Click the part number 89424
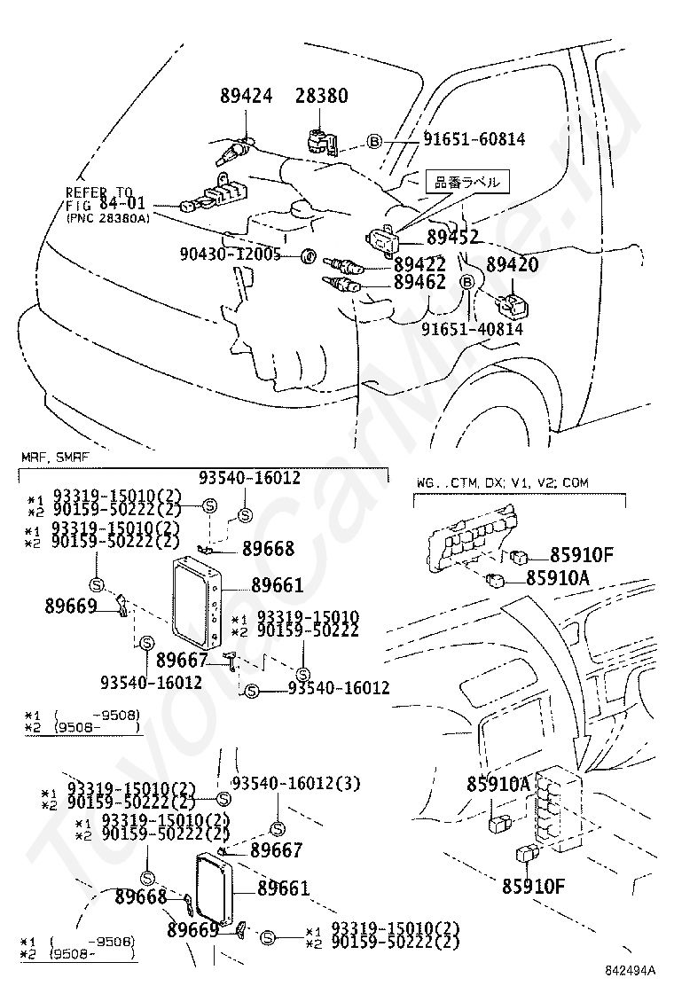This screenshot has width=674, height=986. pyautogui.click(x=247, y=96)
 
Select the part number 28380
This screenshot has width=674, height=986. pyautogui.click(x=321, y=96)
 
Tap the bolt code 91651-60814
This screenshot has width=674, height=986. pyautogui.click(x=474, y=139)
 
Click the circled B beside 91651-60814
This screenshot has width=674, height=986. pyautogui.click(x=374, y=141)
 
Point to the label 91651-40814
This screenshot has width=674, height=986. pyautogui.click(x=472, y=329)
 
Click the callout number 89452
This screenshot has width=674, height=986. pyautogui.click(x=452, y=237)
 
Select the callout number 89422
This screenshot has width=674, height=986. pyautogui.click(x=420, y=263)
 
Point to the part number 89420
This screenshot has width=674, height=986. pyautogui.click(x=513, y=264)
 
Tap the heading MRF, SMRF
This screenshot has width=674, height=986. pyautogui.click(x=55, y=457)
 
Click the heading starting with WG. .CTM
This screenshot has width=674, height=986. pyautogui.click(x=501, y=482)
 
